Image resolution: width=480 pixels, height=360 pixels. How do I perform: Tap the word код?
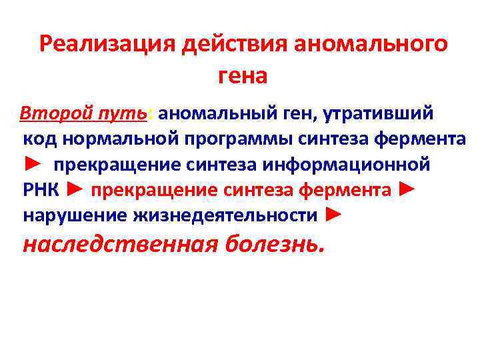39,139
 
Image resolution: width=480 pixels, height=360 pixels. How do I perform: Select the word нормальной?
117,139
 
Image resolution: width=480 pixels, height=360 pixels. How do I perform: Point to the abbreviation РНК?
41,191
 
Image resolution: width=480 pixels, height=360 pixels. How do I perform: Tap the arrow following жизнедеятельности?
335,215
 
